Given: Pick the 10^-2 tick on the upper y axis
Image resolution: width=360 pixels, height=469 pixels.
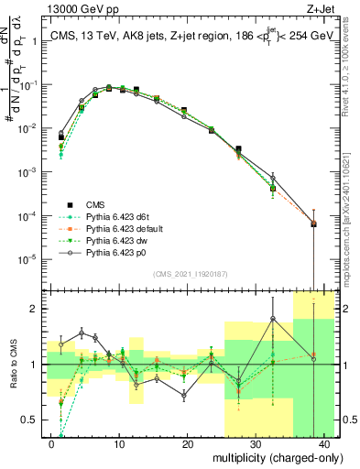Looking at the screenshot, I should (x=30, y=128).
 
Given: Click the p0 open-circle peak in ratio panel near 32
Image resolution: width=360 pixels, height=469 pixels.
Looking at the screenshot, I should (x=273, y=319).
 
